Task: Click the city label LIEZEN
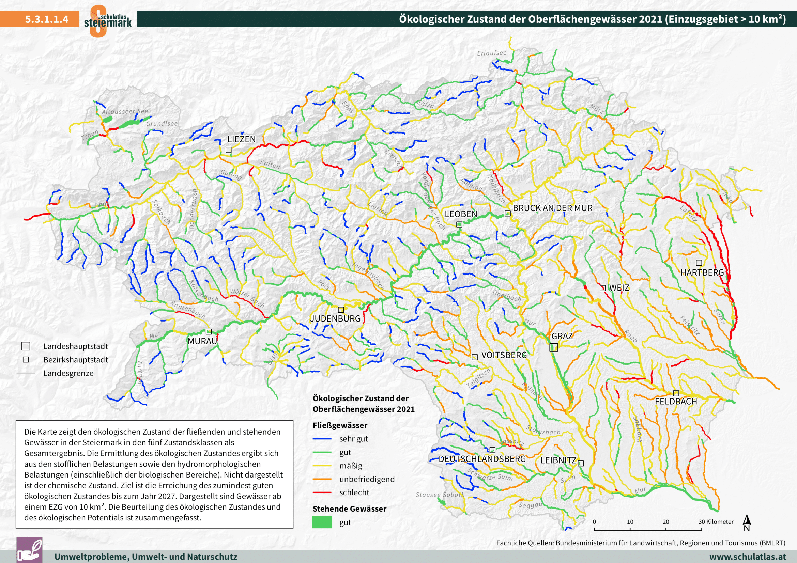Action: pyautogui.click(x=241, y=139)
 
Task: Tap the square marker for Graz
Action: pyautogui.click(x=554, y=347)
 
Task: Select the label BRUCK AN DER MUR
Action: pyautogui.click(x=553, y=208)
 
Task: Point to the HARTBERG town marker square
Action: pyautogui.click(x=699, y=263)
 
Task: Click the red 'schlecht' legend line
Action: pyautogui.click(x=322, y=492)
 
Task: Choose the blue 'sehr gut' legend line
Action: pyautogui.click(x=322, y=439)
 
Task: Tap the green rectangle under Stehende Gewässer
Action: pyautogui.click(x=322, y=522)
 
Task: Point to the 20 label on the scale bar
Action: pyautogui.click(x=665, y=522)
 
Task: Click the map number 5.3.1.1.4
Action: pyautogui.click(x=47, y=19)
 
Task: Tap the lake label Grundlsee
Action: pyautogui.click(x=162, y=124)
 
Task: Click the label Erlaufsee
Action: pyautogui.click(x=492, y=53)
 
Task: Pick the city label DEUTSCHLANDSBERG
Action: pyautogui.click(x=482, y=459)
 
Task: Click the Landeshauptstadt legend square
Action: pyautogui.click(x=26, y=346)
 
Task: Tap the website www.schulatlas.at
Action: pyautogui.click(x=748, y=557)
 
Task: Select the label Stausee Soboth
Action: pyautogui.click(x=440, y=495)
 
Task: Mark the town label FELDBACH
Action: pyautogui.click(x=675, y=401)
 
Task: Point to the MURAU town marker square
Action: pyautogui.click(x=209, y=332)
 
